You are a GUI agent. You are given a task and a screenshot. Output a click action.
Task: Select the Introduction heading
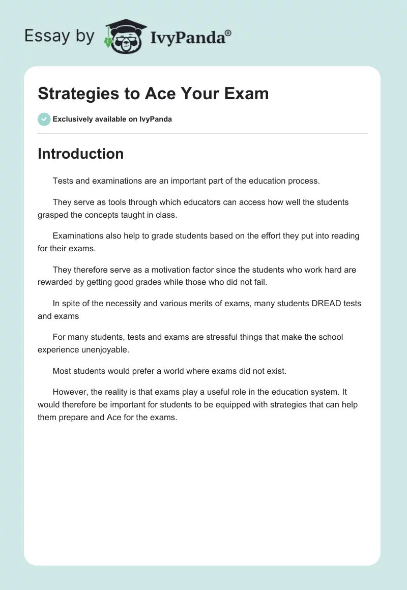[80, 154]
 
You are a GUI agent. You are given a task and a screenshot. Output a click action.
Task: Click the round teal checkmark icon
[44, 119]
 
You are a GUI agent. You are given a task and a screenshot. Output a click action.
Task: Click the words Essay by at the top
[60, 36]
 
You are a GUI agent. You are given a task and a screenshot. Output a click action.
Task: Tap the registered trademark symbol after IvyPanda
[228, 33]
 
